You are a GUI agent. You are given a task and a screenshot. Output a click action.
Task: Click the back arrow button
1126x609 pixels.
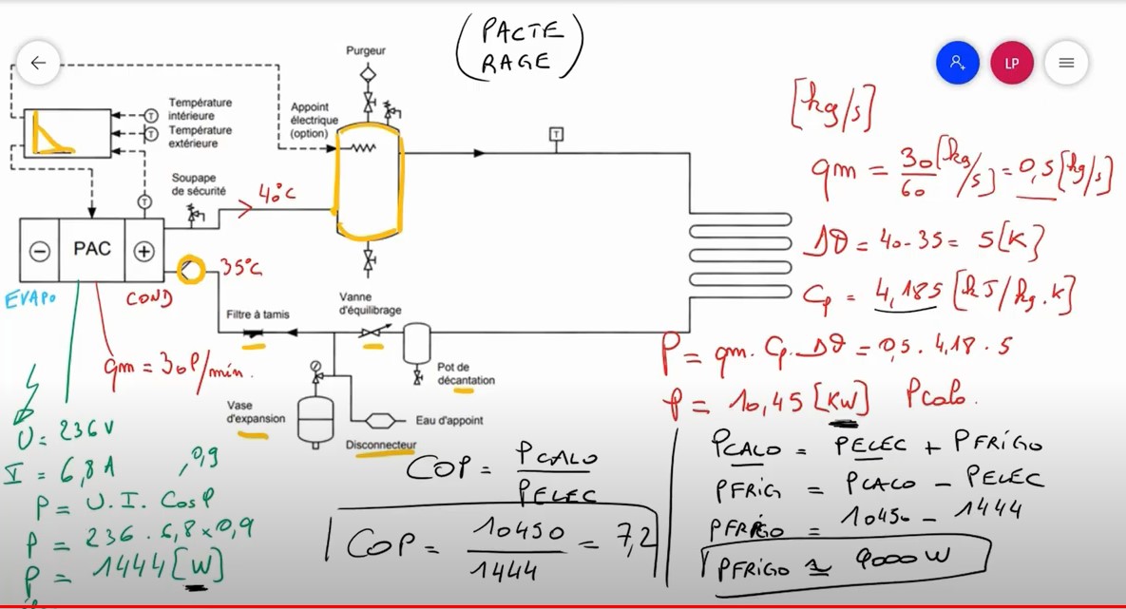38,64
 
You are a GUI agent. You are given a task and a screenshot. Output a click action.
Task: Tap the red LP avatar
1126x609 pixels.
1011,64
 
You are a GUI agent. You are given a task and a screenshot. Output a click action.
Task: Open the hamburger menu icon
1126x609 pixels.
1066,64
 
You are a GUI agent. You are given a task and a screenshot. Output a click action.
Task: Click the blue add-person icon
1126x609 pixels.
957,64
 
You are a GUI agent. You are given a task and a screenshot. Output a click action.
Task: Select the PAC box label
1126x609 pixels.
92,250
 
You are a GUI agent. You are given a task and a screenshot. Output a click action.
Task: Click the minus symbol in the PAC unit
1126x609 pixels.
39,252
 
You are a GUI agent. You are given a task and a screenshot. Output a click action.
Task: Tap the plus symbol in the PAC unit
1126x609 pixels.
143,252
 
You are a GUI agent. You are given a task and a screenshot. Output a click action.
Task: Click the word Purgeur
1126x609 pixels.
366,50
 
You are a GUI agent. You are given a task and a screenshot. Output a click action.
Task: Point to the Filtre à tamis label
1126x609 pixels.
258,314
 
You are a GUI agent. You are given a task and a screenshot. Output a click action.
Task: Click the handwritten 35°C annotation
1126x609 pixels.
241,269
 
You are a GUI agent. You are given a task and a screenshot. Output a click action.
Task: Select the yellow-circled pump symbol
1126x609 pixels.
190,270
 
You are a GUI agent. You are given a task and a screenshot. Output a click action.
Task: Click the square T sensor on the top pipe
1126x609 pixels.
556,134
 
